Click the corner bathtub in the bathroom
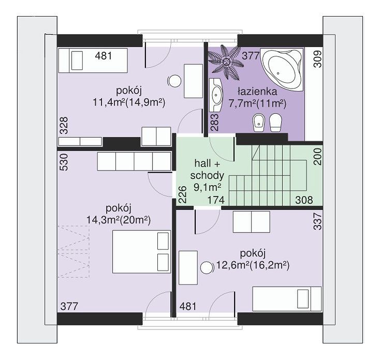click(282, 69)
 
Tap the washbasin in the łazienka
click(216, 95)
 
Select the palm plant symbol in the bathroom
click(227, 62)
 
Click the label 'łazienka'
click(257, 92)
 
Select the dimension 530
click(64, 162)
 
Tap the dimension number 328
click(64, 126)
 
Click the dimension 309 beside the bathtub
click(317, 59)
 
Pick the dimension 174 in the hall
click(216, 200)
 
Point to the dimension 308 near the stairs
click(304, 200)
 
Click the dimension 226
click(183, 194)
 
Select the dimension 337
click(317, 221)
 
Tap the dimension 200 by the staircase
click(317, 157)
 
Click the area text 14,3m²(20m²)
click(119, 220)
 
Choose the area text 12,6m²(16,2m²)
click(253, 265)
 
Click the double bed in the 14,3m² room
click(141, 252)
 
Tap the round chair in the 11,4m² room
click(174, 81)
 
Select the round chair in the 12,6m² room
click(207, 268)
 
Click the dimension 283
click(215, 123)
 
